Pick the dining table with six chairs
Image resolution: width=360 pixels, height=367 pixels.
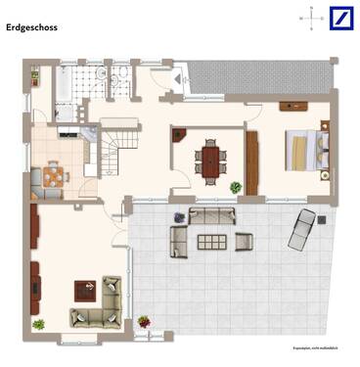click(209, 160)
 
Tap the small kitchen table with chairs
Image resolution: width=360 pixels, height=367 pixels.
click(52, 176)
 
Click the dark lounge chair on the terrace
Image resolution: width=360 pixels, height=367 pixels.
click(303, 226)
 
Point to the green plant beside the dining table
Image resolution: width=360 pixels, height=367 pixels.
click(236, 187)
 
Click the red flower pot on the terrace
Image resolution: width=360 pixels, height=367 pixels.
click(144, 321)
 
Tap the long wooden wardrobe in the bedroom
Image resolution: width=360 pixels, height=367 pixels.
click(251, 162)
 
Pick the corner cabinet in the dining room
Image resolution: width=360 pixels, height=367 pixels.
click(179, 136)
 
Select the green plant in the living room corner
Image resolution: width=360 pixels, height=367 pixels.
click(38, 324)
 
